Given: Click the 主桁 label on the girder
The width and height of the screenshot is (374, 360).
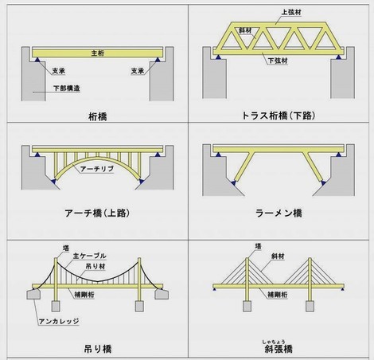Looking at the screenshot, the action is point(98,53).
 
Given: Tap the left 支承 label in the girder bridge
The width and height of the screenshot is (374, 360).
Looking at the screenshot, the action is point(59,71).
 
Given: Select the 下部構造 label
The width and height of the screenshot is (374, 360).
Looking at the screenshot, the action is point(67,88).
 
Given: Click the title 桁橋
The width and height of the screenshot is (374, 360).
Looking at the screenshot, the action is point(98,116).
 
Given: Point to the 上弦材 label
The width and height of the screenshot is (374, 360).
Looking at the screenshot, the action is point(291,12).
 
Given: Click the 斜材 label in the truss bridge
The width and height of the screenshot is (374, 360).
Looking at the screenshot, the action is point(245,30).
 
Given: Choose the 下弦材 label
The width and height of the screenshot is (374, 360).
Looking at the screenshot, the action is point(278,61).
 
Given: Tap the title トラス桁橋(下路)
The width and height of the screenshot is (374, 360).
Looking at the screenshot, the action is point(279,115).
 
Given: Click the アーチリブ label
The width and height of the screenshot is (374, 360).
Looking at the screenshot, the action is point(97,169).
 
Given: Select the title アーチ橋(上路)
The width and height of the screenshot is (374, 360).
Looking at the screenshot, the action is point(97,213).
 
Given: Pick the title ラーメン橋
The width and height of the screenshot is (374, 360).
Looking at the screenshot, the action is point(279,213).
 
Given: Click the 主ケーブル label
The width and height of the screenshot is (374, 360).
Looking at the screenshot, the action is point(90,256).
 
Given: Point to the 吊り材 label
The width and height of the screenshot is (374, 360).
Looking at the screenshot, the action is point(95,266).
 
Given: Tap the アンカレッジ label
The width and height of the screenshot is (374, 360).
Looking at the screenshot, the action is point(59,322).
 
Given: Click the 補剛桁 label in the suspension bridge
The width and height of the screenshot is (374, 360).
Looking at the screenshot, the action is point(84,295).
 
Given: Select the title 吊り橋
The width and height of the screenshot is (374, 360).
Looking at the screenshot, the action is point(98,349).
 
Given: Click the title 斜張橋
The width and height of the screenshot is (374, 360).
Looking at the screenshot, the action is point(279,349).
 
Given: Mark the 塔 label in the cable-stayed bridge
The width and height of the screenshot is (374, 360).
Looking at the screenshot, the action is point(258,246).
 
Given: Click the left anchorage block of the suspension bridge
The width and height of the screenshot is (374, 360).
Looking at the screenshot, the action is point(33,294).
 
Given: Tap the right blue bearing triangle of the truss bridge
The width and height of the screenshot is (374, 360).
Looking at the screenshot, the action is point(338,57).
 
